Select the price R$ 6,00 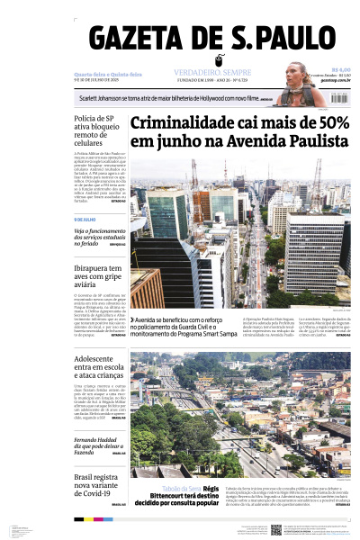pos(340,69)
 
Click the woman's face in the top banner pos(296,74)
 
